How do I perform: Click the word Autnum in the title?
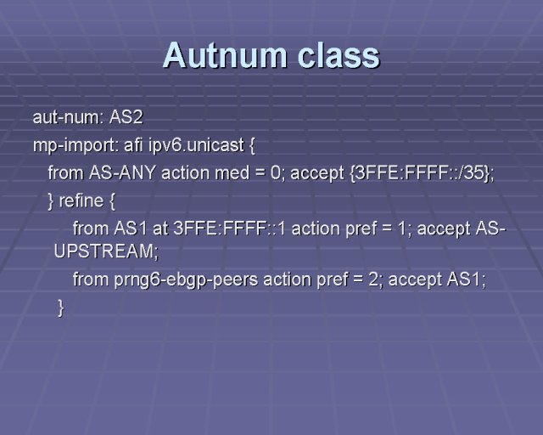(225, 55)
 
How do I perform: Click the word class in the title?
(339, 55)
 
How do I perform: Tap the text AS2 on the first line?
(126, 117)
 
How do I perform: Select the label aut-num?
(68, 117)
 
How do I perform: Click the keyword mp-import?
(76, 145)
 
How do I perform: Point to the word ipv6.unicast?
(196, 145)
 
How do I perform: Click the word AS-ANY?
(122, 172)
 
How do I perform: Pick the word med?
(232, 172)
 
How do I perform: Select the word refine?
(81, 201)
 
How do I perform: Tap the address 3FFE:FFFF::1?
(229, 229)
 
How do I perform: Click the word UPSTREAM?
(106, 251)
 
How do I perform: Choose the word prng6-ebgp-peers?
(186, 280)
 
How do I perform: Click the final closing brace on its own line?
(61, 308)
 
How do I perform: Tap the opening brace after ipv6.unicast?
(252, 145)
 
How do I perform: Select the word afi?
(133, 145)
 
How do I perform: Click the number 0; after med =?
(277, 172)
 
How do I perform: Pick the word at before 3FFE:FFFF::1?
(160, 229)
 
